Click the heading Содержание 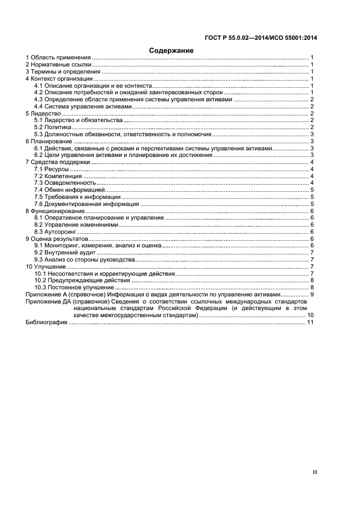[x=172, y=50]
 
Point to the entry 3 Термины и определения [x=63, y=72]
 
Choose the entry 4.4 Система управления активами [x=83, y=107]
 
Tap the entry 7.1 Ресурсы [x=51, y=169]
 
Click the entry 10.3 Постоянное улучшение [x=74, y=288]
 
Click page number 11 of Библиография [x=310, y=323]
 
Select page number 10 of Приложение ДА [x=310, y=315]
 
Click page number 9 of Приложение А [x=312, y=295]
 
